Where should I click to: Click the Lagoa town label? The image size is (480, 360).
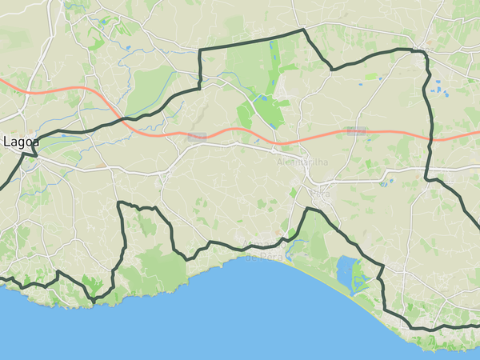(21, 142)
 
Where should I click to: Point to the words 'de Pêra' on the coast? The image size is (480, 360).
(261, 255)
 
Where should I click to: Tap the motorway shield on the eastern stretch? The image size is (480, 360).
(356, 130)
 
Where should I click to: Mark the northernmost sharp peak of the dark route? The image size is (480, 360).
(303, 30)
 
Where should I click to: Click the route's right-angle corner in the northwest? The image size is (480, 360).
(199, 50)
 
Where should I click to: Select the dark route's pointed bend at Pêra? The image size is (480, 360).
(306, 209)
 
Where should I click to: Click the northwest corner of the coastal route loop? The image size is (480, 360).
(119, 203)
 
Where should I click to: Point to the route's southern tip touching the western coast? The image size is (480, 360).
(93, 302)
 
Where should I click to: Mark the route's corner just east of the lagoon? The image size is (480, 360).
(382, 267)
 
